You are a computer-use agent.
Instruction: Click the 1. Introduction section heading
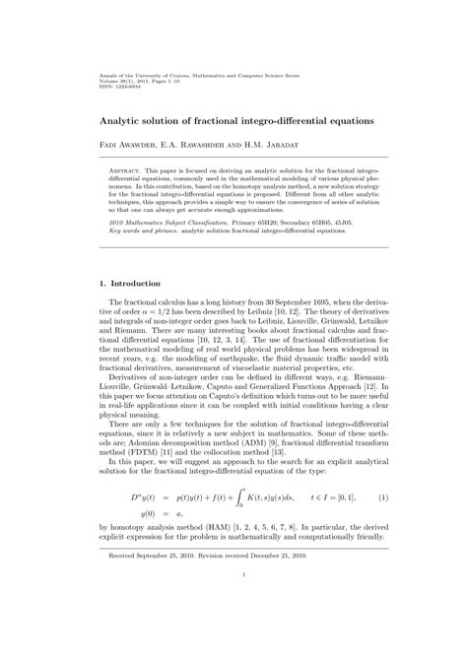coord(139,284)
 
